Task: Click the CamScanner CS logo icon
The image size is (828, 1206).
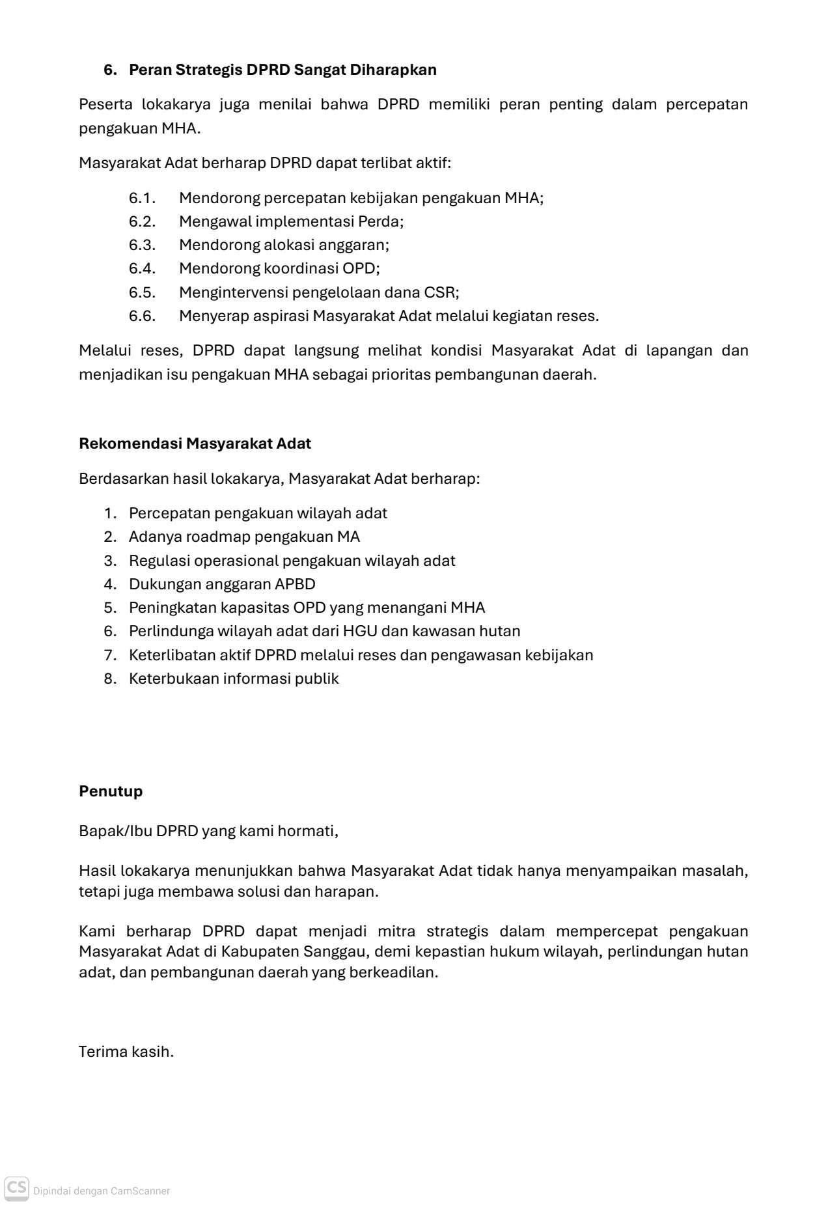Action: click(17, 1188)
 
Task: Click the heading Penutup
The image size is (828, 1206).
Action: click(111, 791)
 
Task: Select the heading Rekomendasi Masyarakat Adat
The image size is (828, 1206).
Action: click(195, 443)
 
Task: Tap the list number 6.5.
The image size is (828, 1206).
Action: click(142, 292)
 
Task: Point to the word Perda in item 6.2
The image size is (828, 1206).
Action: click(380, 221)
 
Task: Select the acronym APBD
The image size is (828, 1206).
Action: click(295, 584)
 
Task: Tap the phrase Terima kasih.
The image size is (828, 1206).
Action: click(126, 1052)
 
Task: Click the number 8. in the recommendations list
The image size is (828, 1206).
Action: click(110, 679)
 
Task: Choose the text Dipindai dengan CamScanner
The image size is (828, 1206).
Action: click(102, 1191)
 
